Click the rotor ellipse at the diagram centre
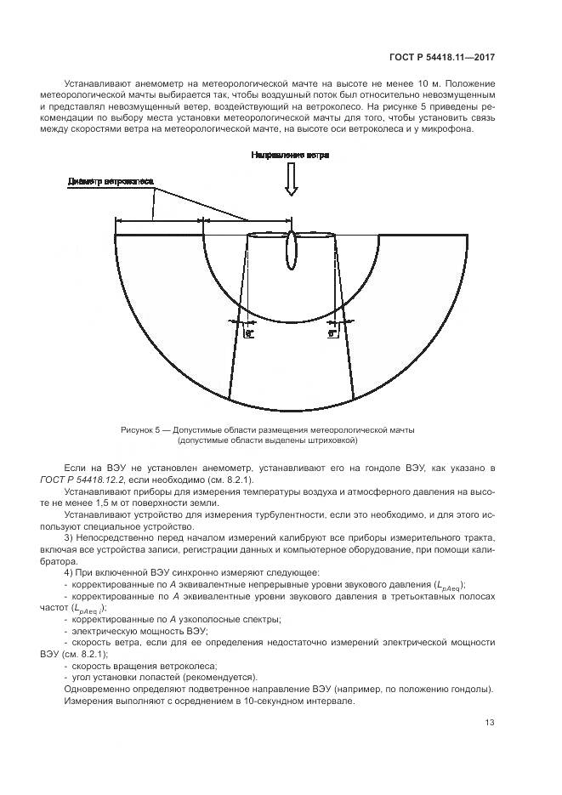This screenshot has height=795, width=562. pos(291,247)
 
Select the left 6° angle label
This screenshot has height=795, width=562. pos(249,334)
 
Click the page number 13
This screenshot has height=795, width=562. pos(490,723)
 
